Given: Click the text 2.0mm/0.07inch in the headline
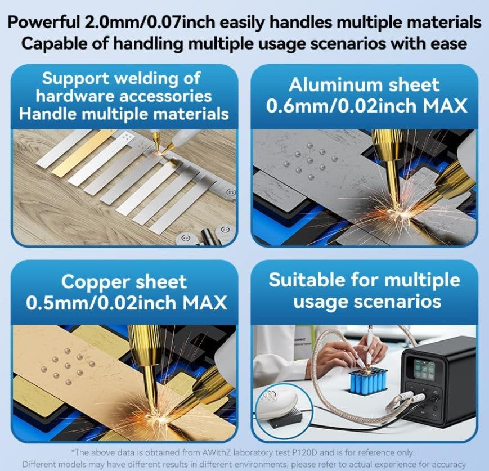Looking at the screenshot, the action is (150, 22).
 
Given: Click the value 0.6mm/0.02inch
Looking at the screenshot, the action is (342, 106).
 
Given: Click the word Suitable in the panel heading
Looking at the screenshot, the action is (307, 280).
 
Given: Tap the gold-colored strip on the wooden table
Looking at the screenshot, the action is (84, 153).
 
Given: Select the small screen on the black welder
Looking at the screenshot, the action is (424, 370).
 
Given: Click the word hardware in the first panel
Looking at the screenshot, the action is (76, 96).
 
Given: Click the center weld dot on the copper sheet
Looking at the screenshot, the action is (68, 366).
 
